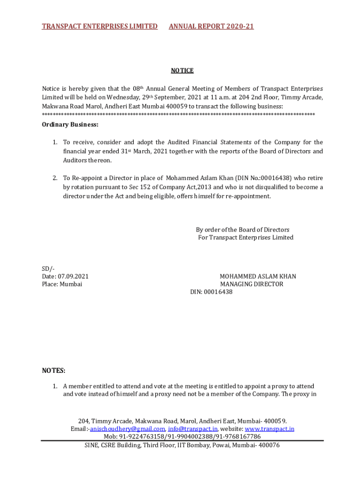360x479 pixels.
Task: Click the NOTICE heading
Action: (182, 71)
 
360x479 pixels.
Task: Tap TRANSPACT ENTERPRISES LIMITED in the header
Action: (100, 26)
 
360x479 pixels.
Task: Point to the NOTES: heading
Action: (54, 370)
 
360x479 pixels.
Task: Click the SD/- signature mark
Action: (48, 269)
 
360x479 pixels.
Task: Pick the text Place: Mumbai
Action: (62, 284)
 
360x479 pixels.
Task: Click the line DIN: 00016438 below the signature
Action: (211, 292)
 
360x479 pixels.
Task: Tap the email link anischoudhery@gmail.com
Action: (127, 429)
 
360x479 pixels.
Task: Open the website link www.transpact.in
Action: (269, 429)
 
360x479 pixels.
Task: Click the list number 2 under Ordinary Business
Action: (55, 178)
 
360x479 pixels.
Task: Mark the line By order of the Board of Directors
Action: (242, 230)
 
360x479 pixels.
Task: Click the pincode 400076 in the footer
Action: (269, 445)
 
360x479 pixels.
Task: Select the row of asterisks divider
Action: (178, 115)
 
